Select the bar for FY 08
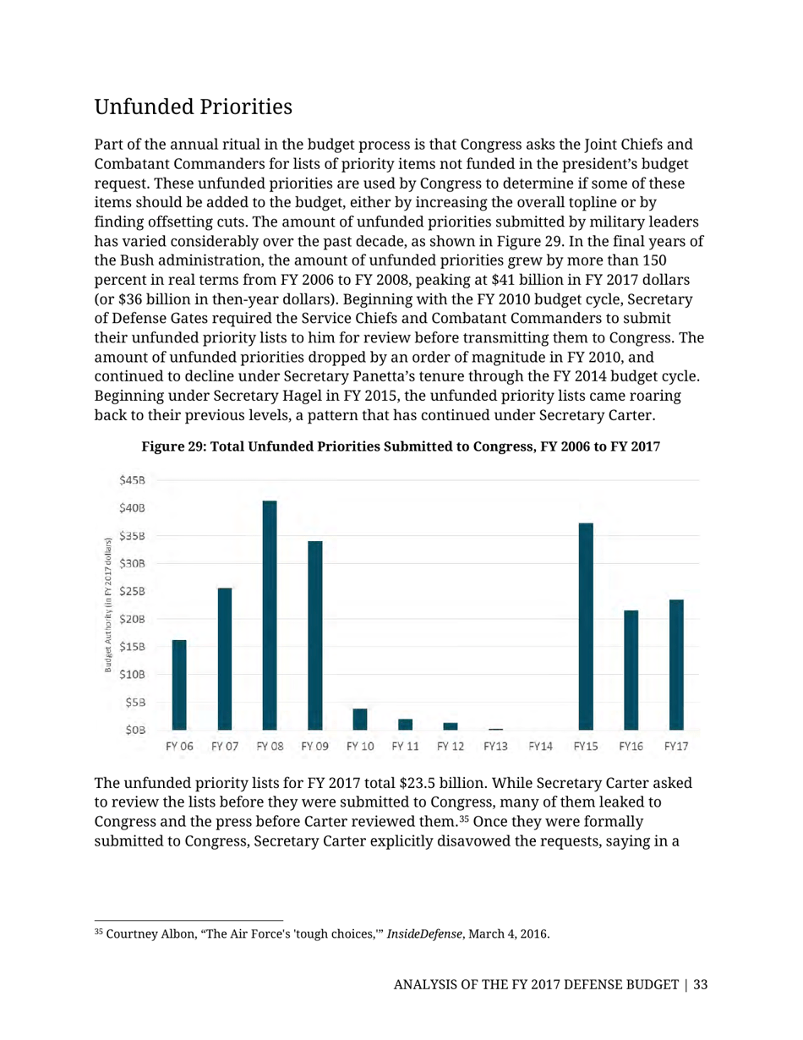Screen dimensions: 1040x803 click(270, 615)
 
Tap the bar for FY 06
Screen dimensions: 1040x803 click(179, 685)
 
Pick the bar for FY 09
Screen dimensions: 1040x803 click(314, 635)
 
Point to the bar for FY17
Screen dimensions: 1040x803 click(675, 665)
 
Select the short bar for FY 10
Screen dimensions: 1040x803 click(360, 720)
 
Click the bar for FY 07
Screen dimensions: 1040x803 click(225, 659)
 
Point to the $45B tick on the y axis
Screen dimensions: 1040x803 click(132, 480)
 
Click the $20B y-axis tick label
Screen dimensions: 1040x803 click(132, 619)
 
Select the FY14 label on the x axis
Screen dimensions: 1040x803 click(540, 747)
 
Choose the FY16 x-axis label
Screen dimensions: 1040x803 click(631, 747)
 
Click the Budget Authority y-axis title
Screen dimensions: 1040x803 click(108, 605)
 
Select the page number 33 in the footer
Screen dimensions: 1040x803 click(700, 985)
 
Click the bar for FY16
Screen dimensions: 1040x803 click(631, 670)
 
